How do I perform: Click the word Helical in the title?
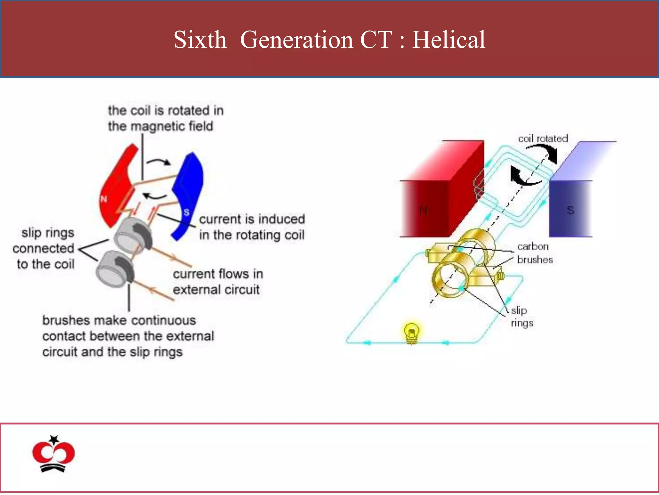coord(449,40)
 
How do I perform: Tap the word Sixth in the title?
coord(200,40)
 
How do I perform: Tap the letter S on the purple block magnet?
coord(571,210)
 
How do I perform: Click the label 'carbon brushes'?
coord(534,253)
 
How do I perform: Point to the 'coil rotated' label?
coord(543,139)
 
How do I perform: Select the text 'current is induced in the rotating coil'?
coord(252,227)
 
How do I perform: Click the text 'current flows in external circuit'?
coord(218,282)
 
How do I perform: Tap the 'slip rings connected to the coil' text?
coord(45,248)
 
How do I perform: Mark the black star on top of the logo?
coord(54,439)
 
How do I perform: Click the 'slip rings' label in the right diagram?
coord(521,316)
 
